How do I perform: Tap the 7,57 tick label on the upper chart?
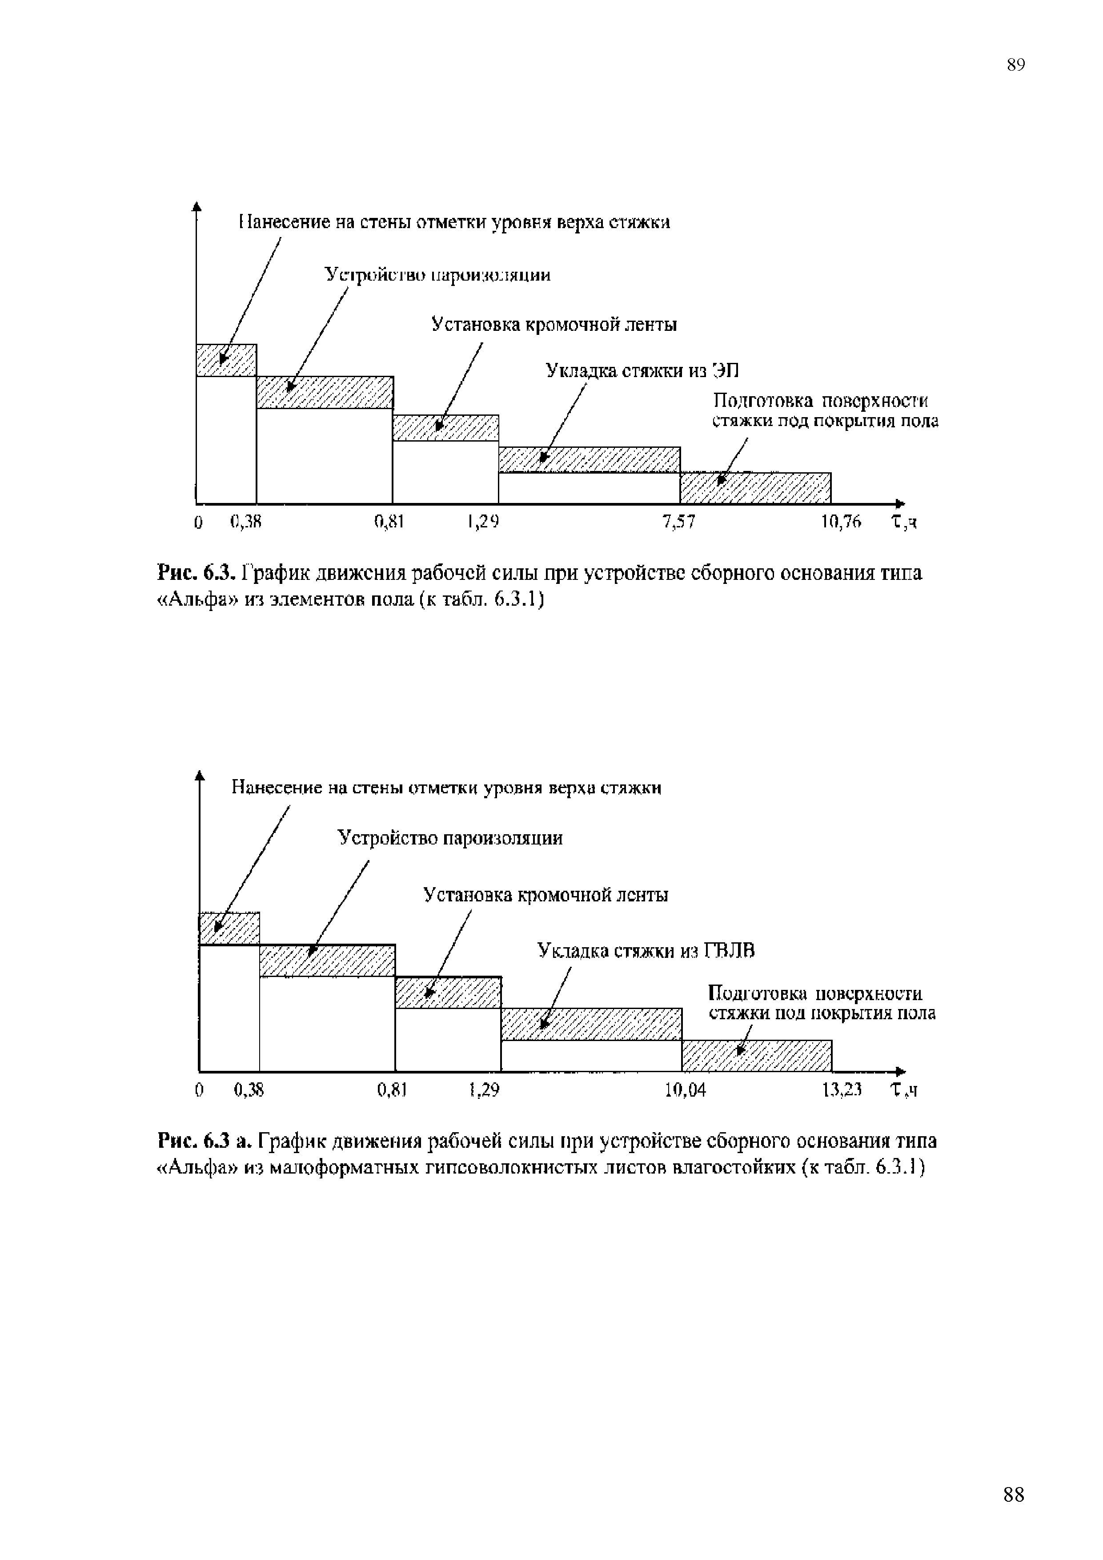[678, 522]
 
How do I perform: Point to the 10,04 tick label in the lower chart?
[685, 1090]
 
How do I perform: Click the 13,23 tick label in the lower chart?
[842, 1090]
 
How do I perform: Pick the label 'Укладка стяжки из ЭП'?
[642, 370]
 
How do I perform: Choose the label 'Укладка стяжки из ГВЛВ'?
[646, 950]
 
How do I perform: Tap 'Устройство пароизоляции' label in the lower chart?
[450, 838]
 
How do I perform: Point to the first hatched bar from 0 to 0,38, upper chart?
[226, 360]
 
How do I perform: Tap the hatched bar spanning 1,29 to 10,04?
[591, 1024]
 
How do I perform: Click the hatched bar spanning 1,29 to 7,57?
[589, 459]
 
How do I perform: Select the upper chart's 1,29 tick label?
[483, 522]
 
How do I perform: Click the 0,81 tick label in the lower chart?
[391, 1090]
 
